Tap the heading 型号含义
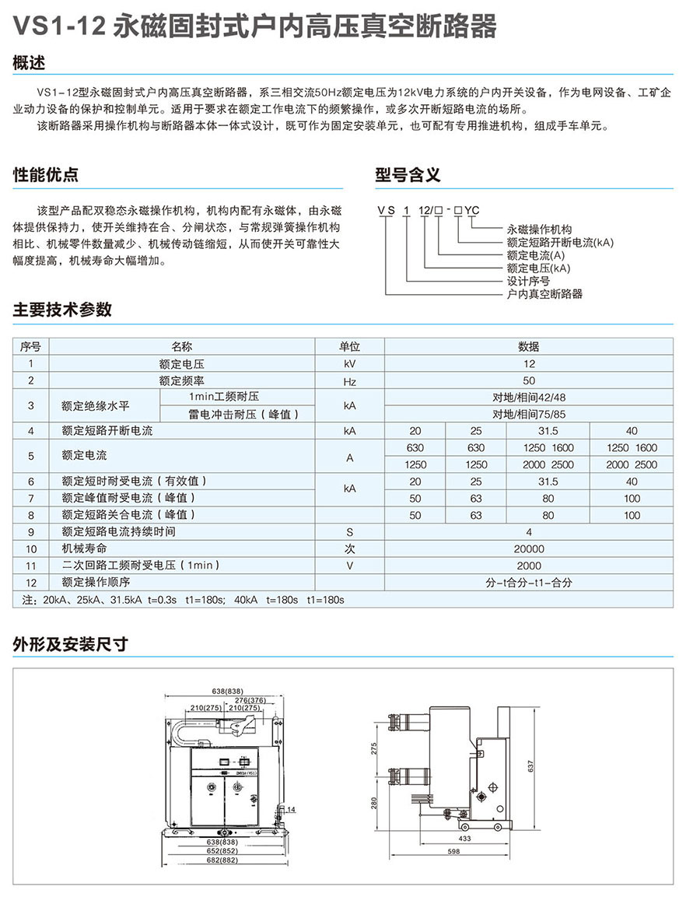(x=408, y=175)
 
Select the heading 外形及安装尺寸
(x=70, y=644)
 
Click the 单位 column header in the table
(x=350, y=347)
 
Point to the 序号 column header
(x=31, y=347)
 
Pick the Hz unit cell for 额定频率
(x=350, y=381)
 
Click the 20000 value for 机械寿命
(x=529, y=548)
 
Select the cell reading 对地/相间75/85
(x=529, y=414)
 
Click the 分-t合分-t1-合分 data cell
(x=529, y=583)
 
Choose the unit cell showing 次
(x=350, y=548)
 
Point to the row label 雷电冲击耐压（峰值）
(x=243, y=414)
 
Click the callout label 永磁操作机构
(x=539, y=230)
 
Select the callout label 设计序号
(x=528, y=281)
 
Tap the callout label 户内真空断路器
(x=544, y=294)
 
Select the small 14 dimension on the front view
(x=291, y=810)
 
